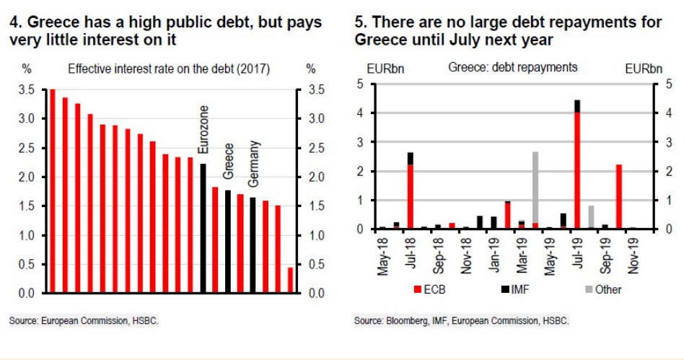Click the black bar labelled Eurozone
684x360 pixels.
[203, 228]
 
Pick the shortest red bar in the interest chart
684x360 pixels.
[290, 280]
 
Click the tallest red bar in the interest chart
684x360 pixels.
[53, 191]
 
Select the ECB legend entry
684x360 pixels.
[428, 289]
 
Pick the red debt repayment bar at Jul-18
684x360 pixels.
[410, 196]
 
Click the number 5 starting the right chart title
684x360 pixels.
[359, 22]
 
